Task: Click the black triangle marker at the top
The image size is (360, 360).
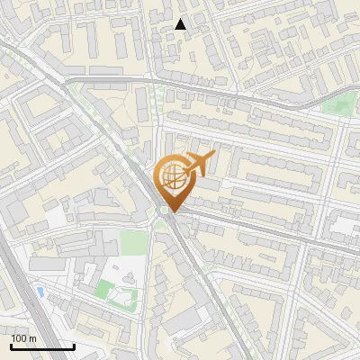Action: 181,24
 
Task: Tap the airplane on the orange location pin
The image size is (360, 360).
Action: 198,164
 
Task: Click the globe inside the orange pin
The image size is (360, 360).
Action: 172,178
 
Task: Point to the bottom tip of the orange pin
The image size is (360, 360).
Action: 172,212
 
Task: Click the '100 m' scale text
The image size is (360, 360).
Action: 24,337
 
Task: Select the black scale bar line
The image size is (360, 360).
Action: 42,346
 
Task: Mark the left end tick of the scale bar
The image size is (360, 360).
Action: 11,345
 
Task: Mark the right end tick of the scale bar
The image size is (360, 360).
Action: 74,345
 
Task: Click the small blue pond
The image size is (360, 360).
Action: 41,292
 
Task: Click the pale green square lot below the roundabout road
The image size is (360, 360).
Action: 133,242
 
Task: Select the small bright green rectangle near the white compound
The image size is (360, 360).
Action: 106,288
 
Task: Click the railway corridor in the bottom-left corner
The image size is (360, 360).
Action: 27,306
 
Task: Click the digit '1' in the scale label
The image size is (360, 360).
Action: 13,337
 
